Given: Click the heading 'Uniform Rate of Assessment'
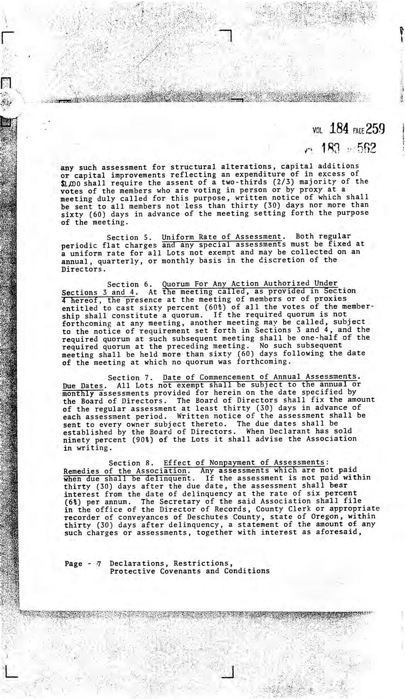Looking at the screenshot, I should tap(222, 236).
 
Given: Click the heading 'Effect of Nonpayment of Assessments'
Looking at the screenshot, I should tap(244, 463).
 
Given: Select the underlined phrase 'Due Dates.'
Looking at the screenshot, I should tap(83, 386).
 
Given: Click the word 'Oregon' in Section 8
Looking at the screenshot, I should tap(323, 517).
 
